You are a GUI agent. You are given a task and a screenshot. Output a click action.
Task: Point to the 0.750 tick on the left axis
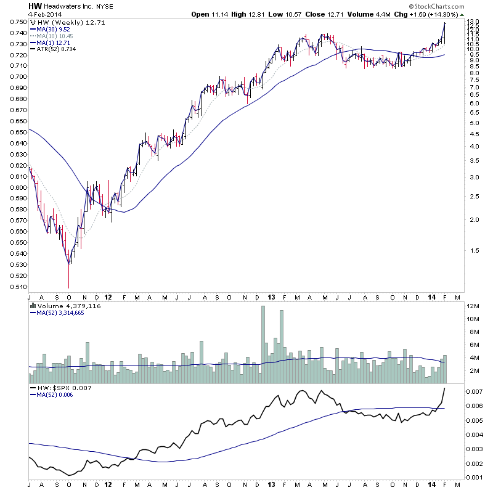click(18, 22)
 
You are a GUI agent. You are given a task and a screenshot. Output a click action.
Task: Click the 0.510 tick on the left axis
click(18, 287)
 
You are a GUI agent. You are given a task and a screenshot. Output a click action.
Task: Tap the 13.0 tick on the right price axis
click(473, 22)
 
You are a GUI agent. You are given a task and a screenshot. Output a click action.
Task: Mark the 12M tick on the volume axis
click(473, 306)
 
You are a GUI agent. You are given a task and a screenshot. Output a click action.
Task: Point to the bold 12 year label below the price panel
click(108, 296)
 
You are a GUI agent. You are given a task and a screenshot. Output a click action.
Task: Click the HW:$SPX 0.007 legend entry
click(58, 388)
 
